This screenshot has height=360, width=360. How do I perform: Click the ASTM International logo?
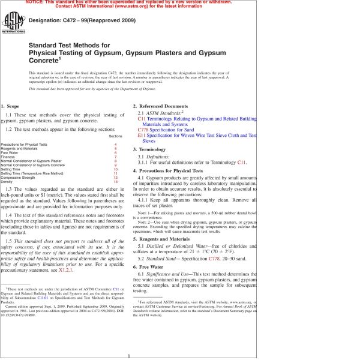point(11,25)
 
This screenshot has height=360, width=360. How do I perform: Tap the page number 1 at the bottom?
point(130,355)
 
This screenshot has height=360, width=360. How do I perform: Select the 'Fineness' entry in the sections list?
point(9,157)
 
